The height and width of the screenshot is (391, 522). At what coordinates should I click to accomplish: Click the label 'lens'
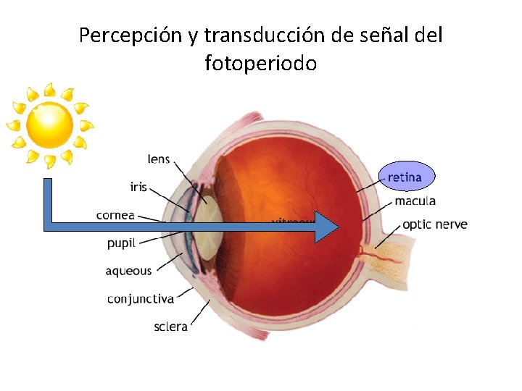(159, 159)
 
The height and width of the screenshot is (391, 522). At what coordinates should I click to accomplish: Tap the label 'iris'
(138, 187)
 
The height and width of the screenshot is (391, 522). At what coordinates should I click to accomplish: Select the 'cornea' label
(116, 214)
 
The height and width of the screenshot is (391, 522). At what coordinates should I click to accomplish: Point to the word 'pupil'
(121, 243)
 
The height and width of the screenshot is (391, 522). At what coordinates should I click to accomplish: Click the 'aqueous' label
(128, 271)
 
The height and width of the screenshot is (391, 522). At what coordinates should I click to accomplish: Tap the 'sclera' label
(170, 327)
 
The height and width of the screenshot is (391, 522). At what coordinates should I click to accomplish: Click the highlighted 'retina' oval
(407, 175)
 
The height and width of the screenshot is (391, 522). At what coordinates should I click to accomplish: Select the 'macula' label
(415, 201)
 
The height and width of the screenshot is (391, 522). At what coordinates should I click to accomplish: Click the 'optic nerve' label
(435, 224)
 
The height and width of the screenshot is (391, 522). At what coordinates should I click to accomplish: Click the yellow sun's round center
(49, 125)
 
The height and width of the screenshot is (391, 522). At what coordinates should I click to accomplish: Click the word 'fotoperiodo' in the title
(261, 64)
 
